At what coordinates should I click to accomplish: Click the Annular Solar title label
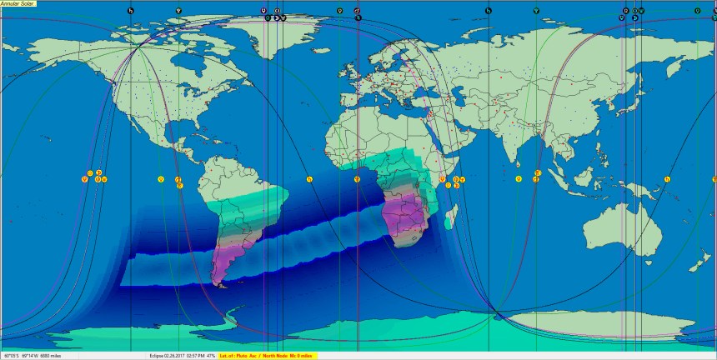18,3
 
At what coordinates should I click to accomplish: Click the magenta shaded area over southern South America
225,258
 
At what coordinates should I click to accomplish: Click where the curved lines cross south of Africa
498,313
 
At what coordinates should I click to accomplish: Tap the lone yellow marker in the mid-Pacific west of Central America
160,178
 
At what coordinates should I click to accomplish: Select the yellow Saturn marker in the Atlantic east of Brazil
308,178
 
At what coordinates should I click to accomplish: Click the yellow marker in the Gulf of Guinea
357,178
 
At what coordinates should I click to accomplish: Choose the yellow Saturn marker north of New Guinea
669,178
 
